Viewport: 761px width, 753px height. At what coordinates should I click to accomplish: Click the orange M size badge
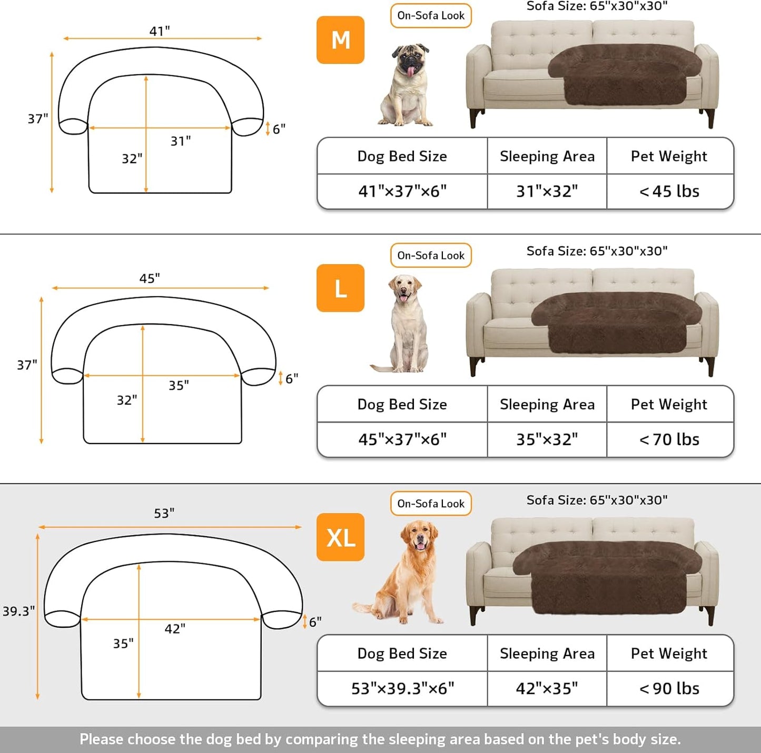pyautogui.click(x=340, y=40)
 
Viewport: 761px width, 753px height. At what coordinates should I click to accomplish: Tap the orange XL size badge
pyautogui.click(x=340, y=537)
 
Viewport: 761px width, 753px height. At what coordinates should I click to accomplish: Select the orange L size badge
pyautogui.click(x=340, y=288)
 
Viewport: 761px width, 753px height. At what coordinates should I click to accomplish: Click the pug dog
pyautogui.click(x=407, y=85)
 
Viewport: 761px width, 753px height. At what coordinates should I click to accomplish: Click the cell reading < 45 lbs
pyautogui.click(x=669, y=192)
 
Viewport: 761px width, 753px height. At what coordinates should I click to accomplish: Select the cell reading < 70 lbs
pyautogui.click(x=669, y=439)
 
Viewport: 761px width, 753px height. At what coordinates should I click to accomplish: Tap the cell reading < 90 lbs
pyautogui.click(x=669, y=688)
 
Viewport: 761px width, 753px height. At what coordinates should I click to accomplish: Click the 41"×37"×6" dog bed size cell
pyautogui.click(x=402, y=192)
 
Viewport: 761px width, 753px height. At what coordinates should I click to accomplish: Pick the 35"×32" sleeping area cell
pyautogui.click(x=547, y=439)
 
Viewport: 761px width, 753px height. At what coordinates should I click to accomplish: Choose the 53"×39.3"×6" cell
pyautogui.click(x=402, y=688)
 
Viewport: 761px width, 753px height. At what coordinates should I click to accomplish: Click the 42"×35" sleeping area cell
pyautogui.click(x=547, y=688)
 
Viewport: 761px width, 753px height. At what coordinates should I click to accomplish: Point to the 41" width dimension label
pyautogui.click(x=160, y=31)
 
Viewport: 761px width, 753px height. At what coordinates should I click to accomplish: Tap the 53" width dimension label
pyautogui.click(x=164, y=513)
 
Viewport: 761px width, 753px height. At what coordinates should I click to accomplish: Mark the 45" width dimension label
pyautogui.click(x=150, y=278)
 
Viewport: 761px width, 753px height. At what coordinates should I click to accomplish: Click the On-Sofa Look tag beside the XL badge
pyautogui.click(x=431, y=504)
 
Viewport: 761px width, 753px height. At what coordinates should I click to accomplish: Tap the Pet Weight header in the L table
pyautogui.click(x=669, y=404)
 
